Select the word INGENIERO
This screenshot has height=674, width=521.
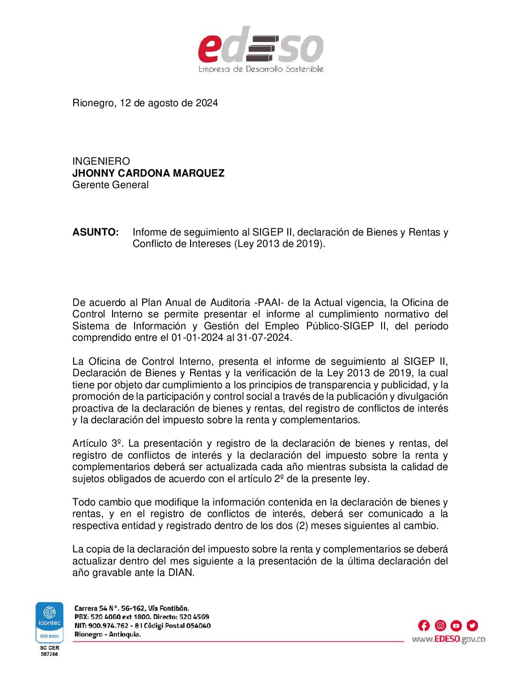[x=101, y=161]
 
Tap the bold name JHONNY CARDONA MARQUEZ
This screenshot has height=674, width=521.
[x=148, y=173]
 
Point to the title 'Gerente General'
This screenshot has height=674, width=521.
[x=111, y=185]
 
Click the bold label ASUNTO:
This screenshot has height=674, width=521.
[x=96, y=232]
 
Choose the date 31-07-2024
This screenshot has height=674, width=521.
[x=264, y=337]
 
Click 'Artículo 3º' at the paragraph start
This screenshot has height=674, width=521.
[x=98, y=443]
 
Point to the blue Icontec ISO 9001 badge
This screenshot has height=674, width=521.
[x=50, y=622]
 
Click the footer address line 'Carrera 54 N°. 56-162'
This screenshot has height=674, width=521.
[x=132, y=608]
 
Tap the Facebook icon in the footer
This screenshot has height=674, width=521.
[x=424, y=625]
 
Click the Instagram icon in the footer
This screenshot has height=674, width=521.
[x=441, y=625]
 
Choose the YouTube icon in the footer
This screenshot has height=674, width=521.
[x=456, y=625]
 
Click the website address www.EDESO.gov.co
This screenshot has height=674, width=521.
[x=448, y=639]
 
